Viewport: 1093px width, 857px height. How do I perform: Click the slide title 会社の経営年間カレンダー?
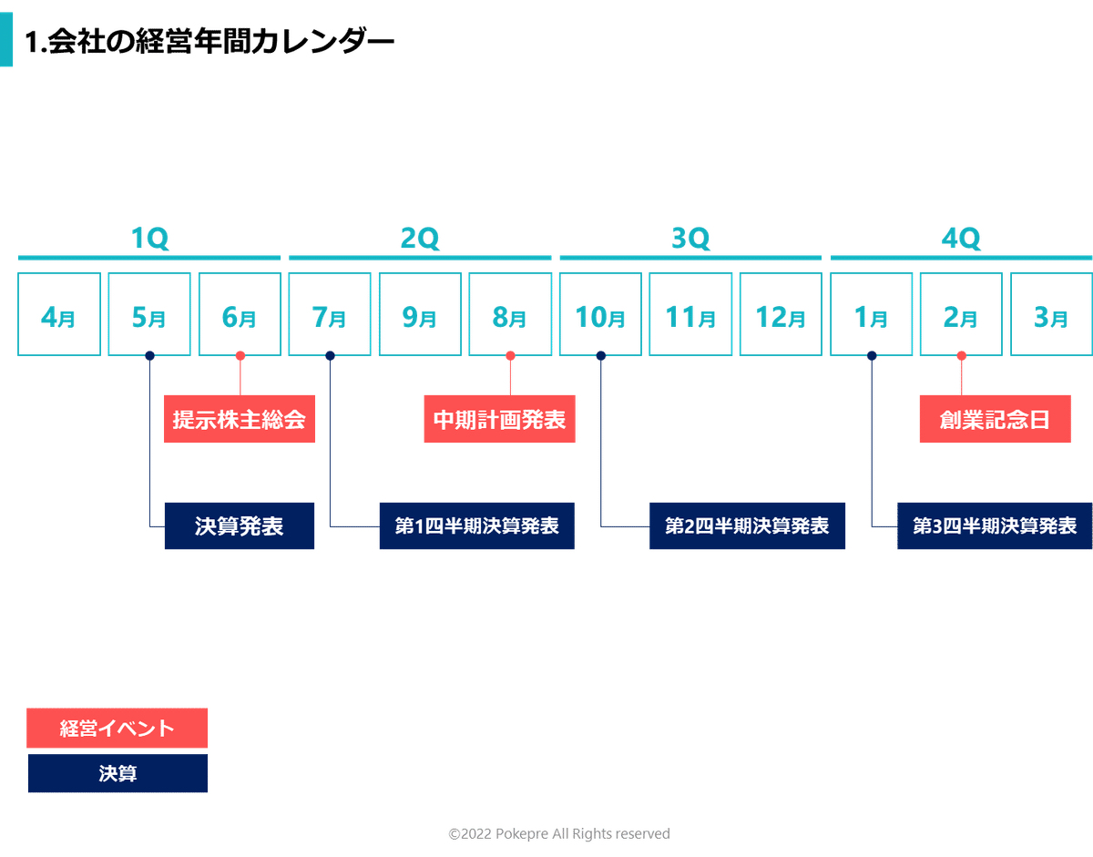click(x=209, y=43)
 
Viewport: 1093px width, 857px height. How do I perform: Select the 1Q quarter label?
click(x=149, y=239)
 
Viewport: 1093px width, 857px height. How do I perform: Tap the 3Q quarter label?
click(x=690, y=239)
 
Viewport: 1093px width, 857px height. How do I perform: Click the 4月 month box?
click(x=58, y=314)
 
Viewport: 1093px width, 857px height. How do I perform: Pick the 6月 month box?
click(x=240, y=314)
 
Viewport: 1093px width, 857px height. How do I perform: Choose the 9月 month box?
click(x=419, y=314)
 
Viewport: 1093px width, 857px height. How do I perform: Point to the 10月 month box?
click(x=600, y=314)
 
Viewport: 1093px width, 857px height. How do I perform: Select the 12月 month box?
click(x=781, y=314)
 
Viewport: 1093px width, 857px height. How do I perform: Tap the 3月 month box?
click(x=1050, y=314)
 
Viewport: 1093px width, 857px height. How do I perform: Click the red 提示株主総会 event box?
click(x=240, y=420)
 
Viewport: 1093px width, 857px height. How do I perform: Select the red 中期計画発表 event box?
click(x=499, y=420)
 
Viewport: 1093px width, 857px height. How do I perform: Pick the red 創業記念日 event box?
click(x=995, y=420)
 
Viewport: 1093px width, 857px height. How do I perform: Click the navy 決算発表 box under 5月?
click(x=240, y=526)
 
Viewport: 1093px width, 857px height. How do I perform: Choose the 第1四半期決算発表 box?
click(x=477, y=526)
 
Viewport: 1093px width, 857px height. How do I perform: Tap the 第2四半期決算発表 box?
click(x=748, y=526)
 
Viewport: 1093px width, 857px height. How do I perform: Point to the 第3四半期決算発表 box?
click(x=995, y=526)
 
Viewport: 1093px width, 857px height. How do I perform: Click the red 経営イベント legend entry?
click(x=117, y=729)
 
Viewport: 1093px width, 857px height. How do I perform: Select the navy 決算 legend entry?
click(x=117, y=774)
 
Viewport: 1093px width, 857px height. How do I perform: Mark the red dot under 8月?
click(x=510, y=355)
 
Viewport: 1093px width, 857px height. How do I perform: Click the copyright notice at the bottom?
click(x=559, y=834)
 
